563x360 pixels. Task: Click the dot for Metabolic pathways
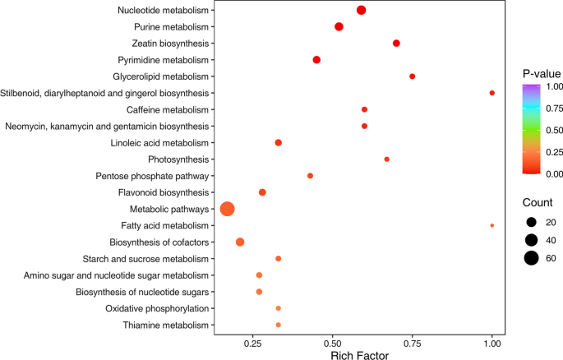point(228,209)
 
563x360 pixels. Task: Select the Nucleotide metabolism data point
point(361,10)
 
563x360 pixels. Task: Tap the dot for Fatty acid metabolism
point(491,225)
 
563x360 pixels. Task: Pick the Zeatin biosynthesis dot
point(396,43)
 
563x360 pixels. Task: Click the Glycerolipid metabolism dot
point(412,76)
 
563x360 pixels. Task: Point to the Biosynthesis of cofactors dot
point(240,242)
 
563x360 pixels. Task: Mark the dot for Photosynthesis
point(386,159)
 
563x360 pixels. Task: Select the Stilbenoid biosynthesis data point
point(491,93)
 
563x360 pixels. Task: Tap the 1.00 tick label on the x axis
point(491,344)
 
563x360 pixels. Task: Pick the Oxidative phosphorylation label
point(157,308)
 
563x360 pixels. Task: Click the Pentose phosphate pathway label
point(154,176)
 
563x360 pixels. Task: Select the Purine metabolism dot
point(339,27)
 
